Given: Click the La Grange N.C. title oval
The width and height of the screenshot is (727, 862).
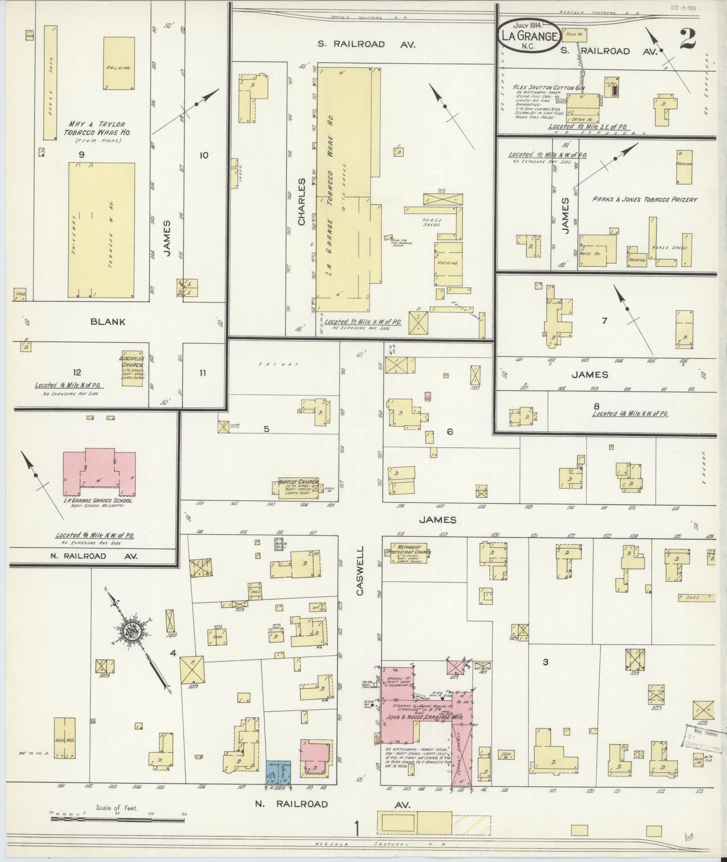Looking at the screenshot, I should pyautogui.click(x=530, y=36).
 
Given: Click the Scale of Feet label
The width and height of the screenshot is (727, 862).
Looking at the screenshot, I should pyautogui.click(x=117, y=808).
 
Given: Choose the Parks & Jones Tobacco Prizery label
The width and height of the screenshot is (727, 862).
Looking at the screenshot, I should pyautogui.click(x=645, y=199).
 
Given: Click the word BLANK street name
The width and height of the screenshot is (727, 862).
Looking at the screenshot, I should pyautogui.click(x=108, y=322).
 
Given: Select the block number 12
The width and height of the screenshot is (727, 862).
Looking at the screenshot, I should pyautogui.click(x=77, y=372).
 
